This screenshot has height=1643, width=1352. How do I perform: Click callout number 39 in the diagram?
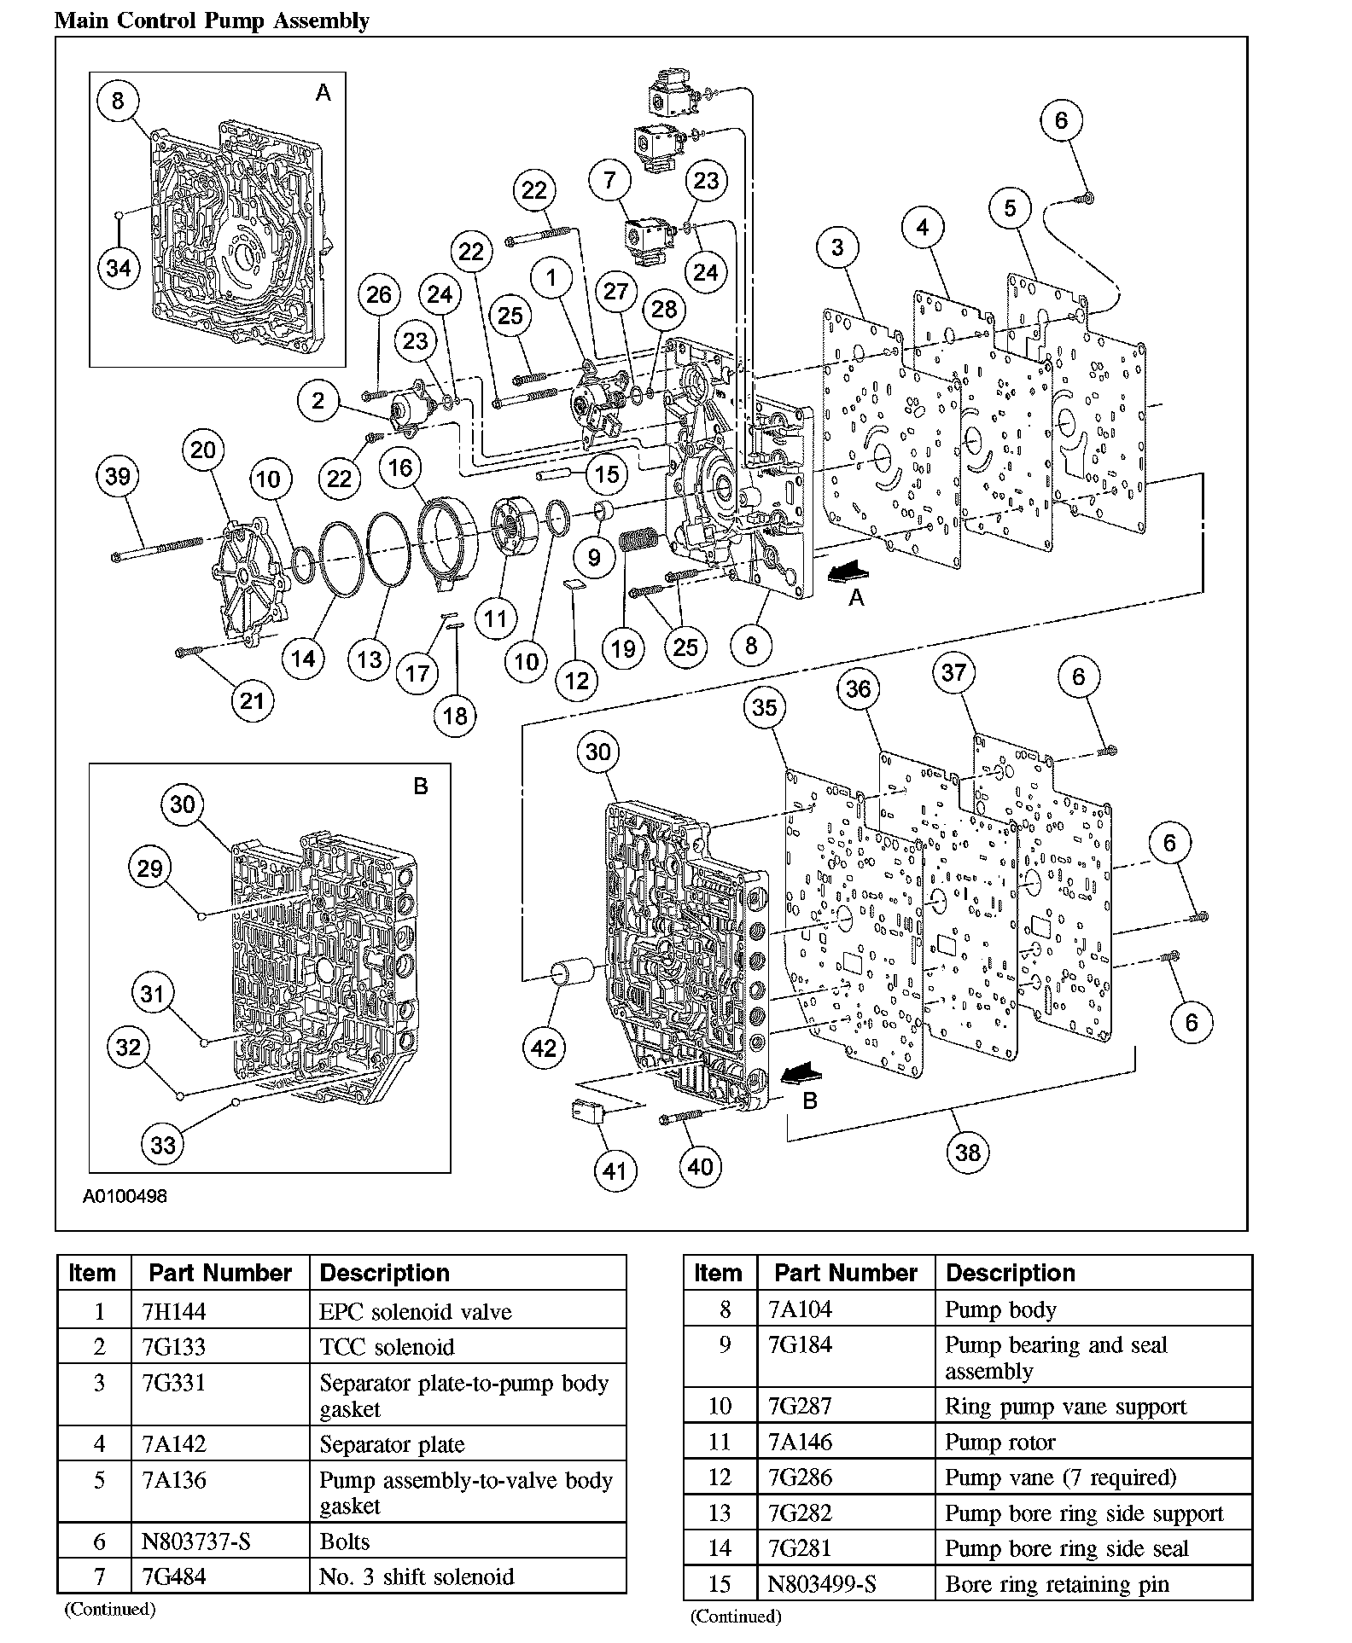click(x=118, y=476)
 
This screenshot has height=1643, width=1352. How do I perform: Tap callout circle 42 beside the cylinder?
click(x=544, y=1048)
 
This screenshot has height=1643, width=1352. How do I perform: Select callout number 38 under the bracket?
click(x=967, y=1152)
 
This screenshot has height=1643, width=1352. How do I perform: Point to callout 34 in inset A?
click(x=118, y=268)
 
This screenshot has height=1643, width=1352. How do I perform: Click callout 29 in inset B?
click(x=149, y=868)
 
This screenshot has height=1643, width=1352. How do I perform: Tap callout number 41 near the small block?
click(x=615, y=1171)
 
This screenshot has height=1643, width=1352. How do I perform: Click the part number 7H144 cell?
click(x=174, y=1311)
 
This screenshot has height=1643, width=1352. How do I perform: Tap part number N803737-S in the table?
click(x=195, y=1541)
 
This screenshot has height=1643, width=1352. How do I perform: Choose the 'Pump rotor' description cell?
click(x=999, y=1442)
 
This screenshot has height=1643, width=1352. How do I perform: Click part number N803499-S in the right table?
click(x=822, y=1584)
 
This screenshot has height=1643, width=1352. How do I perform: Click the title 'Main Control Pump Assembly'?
click(x=212, y=20)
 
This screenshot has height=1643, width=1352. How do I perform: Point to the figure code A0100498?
click(x=125, y=1196)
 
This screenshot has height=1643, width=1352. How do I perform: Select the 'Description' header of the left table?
click(x=384, y=1273)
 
